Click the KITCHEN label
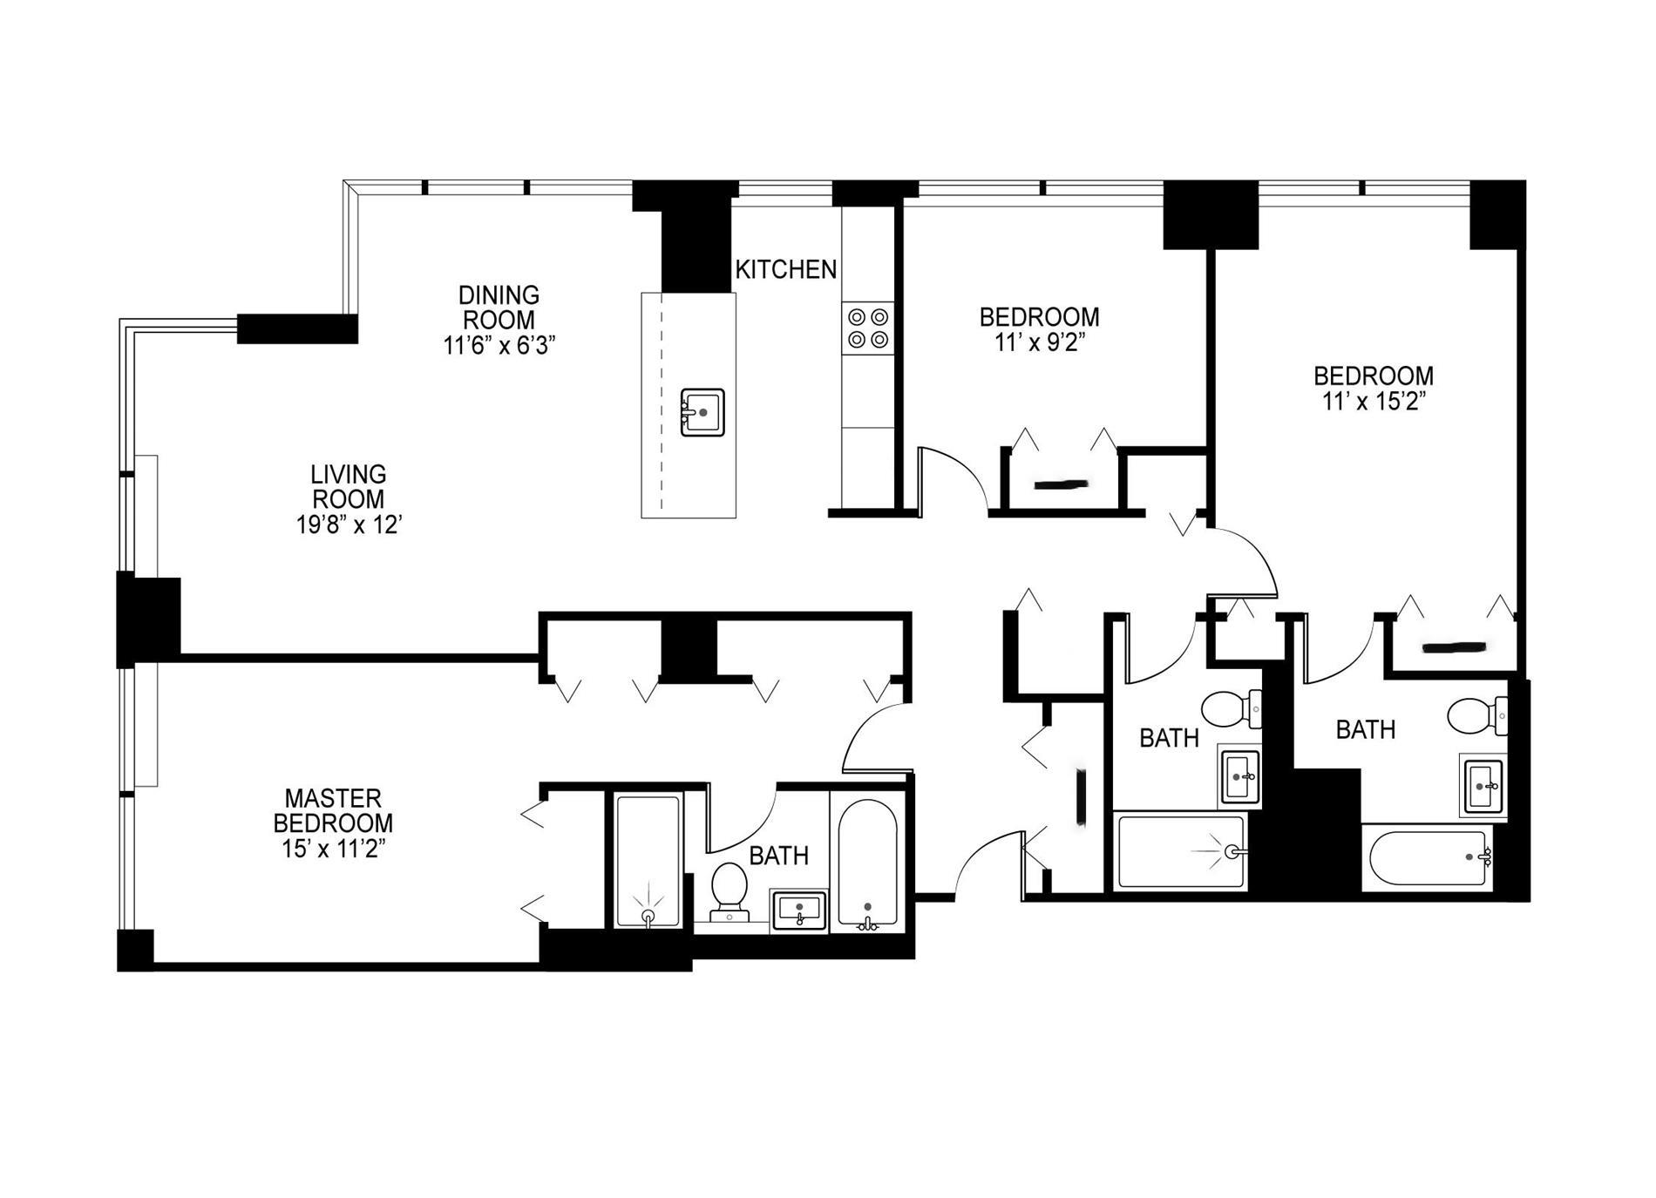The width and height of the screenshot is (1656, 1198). pyautogui.click(x=786, y=270)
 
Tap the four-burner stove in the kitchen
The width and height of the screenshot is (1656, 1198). pyautogui.click(x=868, y=328)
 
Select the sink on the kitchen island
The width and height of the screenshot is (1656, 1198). pyautogui.click(x=702, y=412)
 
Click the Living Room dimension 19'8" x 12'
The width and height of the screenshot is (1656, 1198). pyautogui.click(x=349, y=525)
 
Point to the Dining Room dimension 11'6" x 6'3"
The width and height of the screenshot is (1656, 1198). pyautogui.click(x=499, y=345)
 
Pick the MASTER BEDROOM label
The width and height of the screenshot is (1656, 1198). pyautogui.click(x=333, y=810)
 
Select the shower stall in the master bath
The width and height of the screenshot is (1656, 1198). pyautogui.click(x=648, y=861)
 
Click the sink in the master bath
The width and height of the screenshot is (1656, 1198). pyautogui.click(x=800, y=911)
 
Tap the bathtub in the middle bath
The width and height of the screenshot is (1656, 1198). pyautogui.click(x=1181, y=851)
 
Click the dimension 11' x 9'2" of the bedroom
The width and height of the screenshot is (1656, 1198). pyautogui.click(x=1038, y=342)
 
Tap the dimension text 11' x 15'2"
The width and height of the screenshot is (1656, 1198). pyautogui.click(x=1374, y=402)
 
